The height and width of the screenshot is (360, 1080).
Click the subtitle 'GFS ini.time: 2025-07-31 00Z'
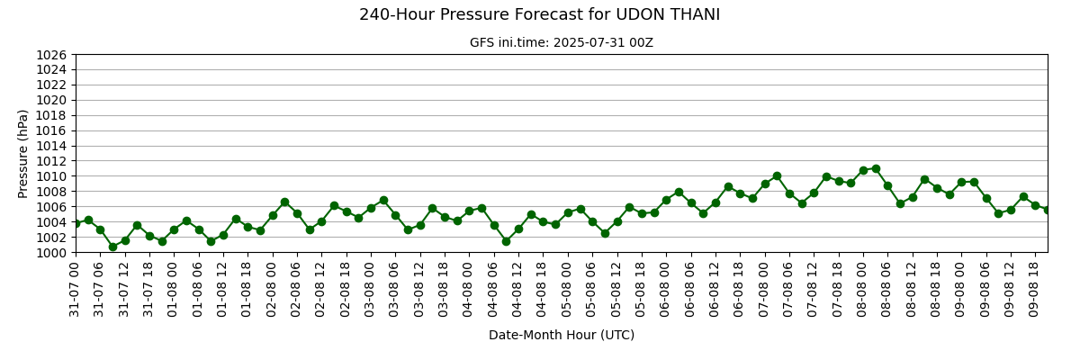tap(562, 43)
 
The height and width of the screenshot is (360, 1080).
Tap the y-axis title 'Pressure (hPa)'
tap(22, 154)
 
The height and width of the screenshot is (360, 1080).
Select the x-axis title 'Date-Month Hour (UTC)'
tap(562, 335)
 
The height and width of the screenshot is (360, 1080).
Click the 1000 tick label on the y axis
tap(51, 253)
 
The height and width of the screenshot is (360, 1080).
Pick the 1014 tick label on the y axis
tap(51, 146)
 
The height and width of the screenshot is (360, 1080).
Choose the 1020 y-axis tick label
tap(51, 100)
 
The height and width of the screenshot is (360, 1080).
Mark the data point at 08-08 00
tap(863, 170)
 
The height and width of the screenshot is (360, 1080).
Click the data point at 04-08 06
tap(494, 225)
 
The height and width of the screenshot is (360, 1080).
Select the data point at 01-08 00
tap(174, 229)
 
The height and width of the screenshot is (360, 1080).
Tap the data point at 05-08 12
tap(617, 221)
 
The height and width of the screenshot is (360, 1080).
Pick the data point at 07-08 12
tap(814, 193)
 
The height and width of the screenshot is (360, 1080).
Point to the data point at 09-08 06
tap(987, 198)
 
